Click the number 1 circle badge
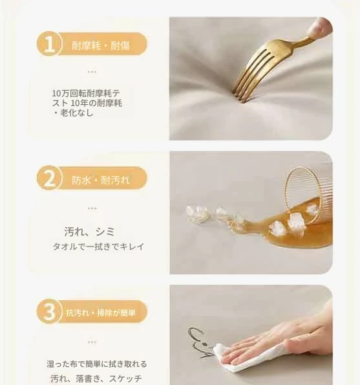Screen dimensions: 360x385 [x=49, y=44]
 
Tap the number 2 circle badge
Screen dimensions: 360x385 [x=49, y=178]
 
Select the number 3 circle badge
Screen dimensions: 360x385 [x=49, y=312]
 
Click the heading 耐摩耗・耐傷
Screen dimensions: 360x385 [x=101, y=46]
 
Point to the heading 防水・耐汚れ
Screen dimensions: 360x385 [x=101, y=181]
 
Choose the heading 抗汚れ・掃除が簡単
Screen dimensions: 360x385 [x=101, y=313]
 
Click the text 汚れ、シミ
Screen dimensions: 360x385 [x=89, y=232]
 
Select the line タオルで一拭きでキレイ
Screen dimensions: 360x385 [x=98, y=247]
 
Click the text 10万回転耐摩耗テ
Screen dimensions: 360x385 [x=86, y=93]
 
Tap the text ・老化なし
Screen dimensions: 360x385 [x=73, y=113]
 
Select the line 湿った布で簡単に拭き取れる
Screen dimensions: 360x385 [x=96, y=364]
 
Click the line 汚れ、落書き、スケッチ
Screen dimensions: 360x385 [x=96, y=378]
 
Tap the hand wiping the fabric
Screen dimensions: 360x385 [x=277, y=344]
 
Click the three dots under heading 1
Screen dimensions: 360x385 [x=92, y=72]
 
